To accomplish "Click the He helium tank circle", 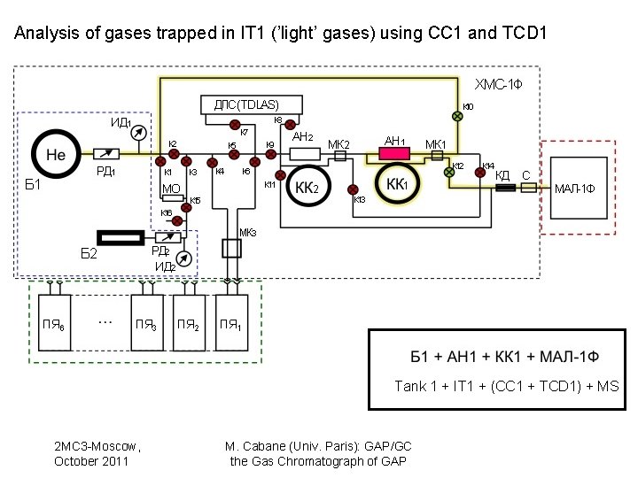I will [x=56, y=154].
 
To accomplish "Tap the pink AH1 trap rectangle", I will [x=393, y=155].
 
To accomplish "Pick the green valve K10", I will [x=458, y=115].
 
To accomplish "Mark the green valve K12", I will [x=449, y=173].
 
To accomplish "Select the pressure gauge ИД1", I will [x=137, y=133].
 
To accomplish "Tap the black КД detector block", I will [x=506, y=188].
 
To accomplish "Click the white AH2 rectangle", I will [x=303, y=154].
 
